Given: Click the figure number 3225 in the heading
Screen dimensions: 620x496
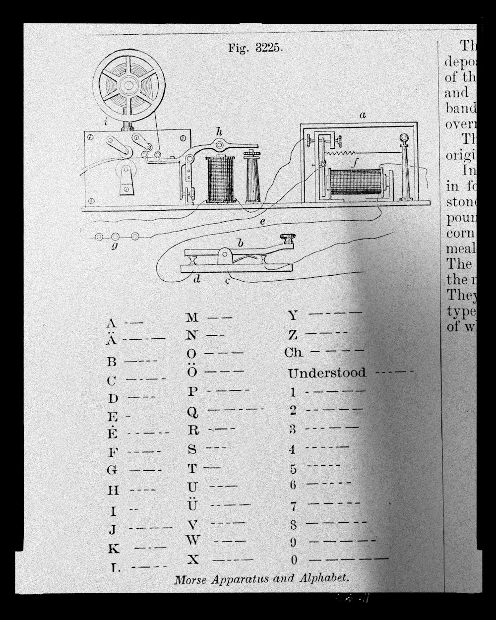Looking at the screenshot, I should pyautogui.click(x=269, y=48).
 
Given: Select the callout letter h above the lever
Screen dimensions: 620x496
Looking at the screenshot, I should pyautogui.click(x=219, y=131).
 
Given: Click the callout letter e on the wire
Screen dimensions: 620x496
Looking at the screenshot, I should pyautogui.click(x=262, y=222).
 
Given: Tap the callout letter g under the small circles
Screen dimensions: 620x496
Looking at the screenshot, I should pyautogui.click(x=115, y=246).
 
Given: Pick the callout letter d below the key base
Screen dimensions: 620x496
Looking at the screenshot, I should pyautogui.click(x=197, y=279).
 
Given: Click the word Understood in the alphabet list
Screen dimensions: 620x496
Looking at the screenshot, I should pyautogui.click(x=327, y=372).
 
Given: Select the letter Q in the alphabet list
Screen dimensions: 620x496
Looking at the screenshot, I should pyautogui.click(x=193, y=412).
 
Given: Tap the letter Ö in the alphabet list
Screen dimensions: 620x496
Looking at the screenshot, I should pyautogui.click(x=192, y=371).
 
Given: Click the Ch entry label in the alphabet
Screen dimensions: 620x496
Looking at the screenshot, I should pyautogui.click(x=293, y=352).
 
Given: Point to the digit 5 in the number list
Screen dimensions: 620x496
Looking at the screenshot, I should pyautogui.click(x=293, y=469).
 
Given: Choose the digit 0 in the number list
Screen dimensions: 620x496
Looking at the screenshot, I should pyautogui.click(x=294, y=560).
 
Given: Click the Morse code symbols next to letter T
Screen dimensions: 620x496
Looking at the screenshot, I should pyautogui.click(x=212, y=467).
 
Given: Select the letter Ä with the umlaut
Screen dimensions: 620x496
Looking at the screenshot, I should pyautogui.click(x=112, y=340).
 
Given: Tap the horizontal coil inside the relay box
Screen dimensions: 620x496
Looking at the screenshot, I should pyautogui.click(x=354, y=182).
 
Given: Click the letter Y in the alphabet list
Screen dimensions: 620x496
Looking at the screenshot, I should pyautogui.click(x=293, y=315).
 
